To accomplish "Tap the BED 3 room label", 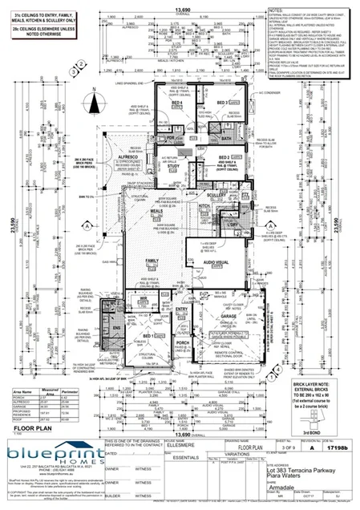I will tap(221, 103).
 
